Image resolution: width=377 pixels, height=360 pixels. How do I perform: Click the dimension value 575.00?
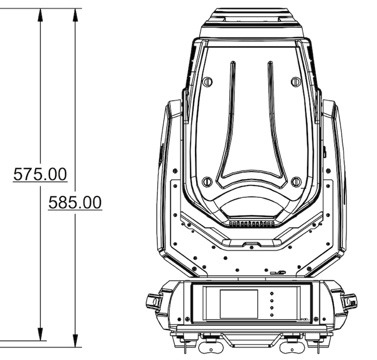(x=40, y=174)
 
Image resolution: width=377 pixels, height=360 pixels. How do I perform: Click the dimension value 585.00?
(x=75, y=203)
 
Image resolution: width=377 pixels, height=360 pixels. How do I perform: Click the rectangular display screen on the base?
(x=239, y=304)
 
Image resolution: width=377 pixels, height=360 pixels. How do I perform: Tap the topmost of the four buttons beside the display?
(x=272, y=294)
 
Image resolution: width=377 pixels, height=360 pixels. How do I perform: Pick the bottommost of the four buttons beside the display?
(x=272, y=315)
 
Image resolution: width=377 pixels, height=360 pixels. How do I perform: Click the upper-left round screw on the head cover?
(x=207, y=81)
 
